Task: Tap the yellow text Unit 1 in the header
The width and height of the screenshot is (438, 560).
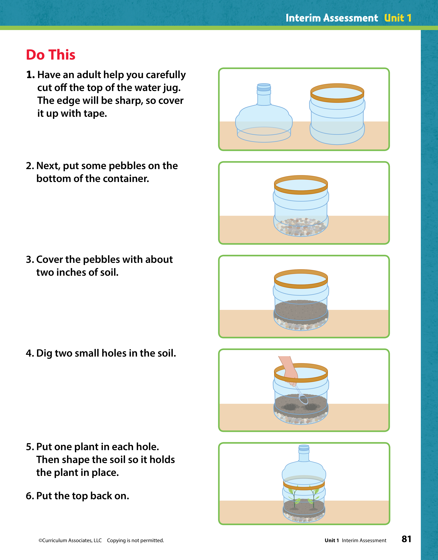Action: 398,18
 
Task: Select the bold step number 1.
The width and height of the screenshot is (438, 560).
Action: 30,75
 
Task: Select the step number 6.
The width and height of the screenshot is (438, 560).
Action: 30,496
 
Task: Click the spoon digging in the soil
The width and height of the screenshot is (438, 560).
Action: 301,394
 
